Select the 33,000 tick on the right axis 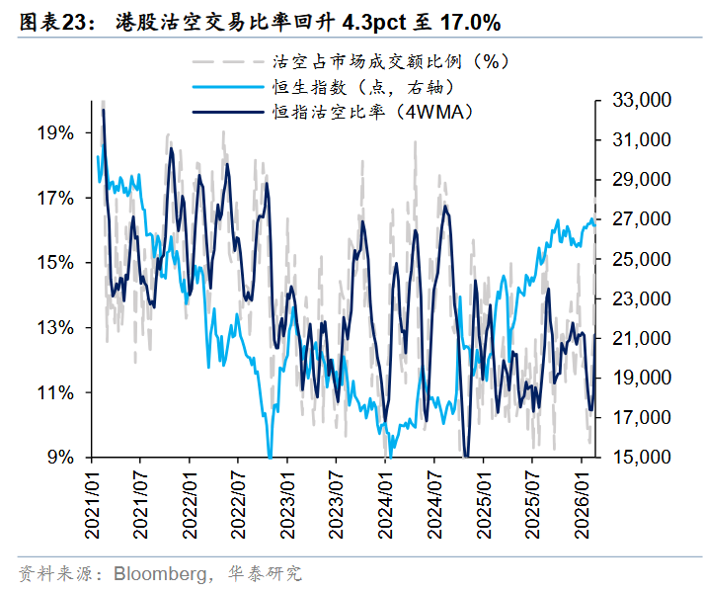click(x=641, y=101)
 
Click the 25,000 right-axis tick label click(x=641, y=259)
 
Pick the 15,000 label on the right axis click(x=641, y=457)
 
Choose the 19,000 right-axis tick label click(x=641, y=378)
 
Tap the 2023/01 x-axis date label click(x=287, y=503)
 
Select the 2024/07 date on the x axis click(x=433, y=503)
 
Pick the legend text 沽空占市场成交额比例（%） click(x=381, y=61)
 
